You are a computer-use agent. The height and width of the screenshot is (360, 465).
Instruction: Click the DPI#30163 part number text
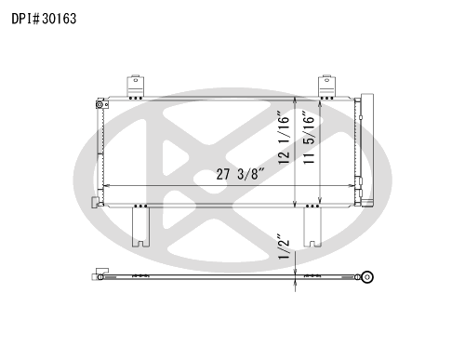pyautogui.click(x=44, y=19)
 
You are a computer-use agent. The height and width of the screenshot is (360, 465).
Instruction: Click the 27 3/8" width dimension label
pyautogui.click(x=241, y=174)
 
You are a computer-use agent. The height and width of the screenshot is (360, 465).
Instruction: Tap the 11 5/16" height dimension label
pyautogui.click(x=309, y=138)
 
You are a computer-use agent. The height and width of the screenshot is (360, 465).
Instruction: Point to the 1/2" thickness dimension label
pyautogui.click(x=284, y=247)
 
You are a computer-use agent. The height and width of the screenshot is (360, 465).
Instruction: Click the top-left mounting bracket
pyautogui.click(x=135, y=87)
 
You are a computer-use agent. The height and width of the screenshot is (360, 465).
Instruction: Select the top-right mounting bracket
pyautogui.click(x=326, y=87)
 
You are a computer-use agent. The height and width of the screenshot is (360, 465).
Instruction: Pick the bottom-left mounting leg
pyautogui.click(x=140, y=227)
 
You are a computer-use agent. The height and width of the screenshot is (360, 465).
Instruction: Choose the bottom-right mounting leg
pyautogui.click(x=312, y=227)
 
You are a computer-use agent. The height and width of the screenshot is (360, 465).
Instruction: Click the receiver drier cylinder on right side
pyautogui.click(x=367, y=150)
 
